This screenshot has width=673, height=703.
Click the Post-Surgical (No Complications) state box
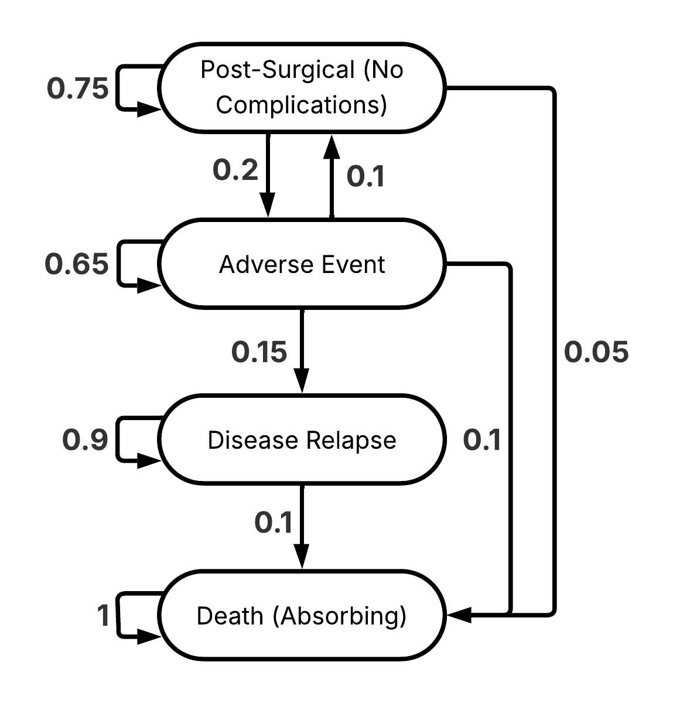pyautogui.click(x=302, y=87)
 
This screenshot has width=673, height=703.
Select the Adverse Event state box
pyautogui.click(x=302, y=264)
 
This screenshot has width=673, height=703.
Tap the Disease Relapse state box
pyautogui.click(x=302, y=440)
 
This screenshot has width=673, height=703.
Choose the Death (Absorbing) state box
pyautogui.click(x=302, y=616)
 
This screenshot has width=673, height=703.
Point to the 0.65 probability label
pyautogui.click(x=77, y=264)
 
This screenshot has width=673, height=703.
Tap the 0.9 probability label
pyautogui.click(x=86, y=441)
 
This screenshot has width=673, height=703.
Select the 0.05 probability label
pyautogui.click(x=596, y=352)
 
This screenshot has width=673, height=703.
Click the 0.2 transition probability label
pyautogui.click(x=235, y=170)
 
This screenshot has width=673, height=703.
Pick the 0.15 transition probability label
pyautogui.click(x=259, y=352)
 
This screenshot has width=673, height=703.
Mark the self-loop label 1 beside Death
pyautogui.click(x=103, y=616)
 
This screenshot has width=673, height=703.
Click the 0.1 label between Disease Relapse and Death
pyautogui.click(x=274, y=522)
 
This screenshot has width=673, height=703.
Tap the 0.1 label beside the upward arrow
pyautogui.click(x=365, y=176)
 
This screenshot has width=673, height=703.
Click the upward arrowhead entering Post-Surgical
pyautogui.click(x=332, y=145)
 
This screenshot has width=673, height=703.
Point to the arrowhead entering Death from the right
pyautogui.click(x=459, y=615)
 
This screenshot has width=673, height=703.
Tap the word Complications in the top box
pyautogui.click(x=301, y=105)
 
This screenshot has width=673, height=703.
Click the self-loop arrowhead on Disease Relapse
pyautogui.click(x=148, y=461)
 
